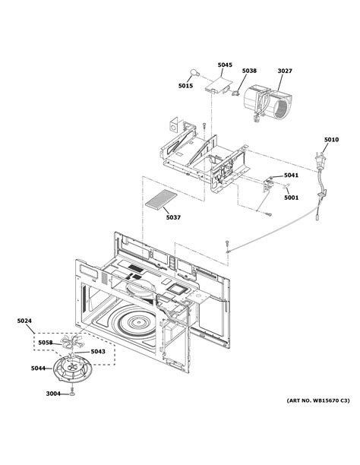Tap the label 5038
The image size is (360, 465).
249,71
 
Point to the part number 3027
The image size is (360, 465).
284,71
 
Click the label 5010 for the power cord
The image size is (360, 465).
331,140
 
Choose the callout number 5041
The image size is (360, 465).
292,176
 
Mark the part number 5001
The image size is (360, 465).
292,198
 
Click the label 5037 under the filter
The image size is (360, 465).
173,218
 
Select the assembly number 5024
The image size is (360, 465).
24,321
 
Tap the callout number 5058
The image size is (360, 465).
46,343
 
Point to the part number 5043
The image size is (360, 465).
97,351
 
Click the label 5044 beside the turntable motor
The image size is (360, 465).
37,369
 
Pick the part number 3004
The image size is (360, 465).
52,394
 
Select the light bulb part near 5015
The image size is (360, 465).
196,94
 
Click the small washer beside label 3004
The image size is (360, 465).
71,395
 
